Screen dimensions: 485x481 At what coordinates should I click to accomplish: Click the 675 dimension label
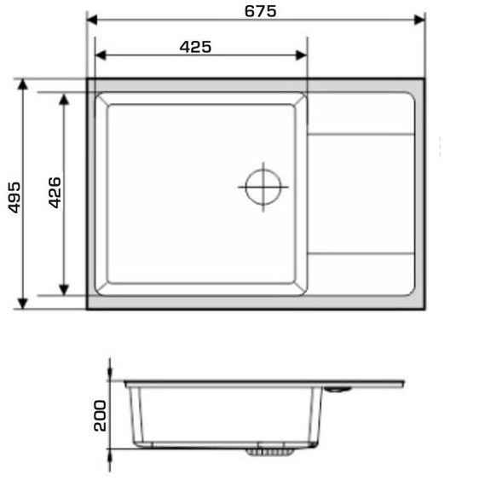[261, 11]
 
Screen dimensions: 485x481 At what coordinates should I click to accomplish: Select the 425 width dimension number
[195, 47]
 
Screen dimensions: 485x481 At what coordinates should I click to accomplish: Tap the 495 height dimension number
[14, 198]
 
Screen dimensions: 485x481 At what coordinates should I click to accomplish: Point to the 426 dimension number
[55, 193]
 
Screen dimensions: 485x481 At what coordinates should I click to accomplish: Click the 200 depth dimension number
[100, 415]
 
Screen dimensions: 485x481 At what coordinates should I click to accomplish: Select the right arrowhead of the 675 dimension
[419, 20]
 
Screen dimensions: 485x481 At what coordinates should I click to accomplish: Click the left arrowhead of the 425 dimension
[101, 55]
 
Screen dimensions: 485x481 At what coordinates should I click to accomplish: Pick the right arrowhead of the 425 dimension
[301, 55]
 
